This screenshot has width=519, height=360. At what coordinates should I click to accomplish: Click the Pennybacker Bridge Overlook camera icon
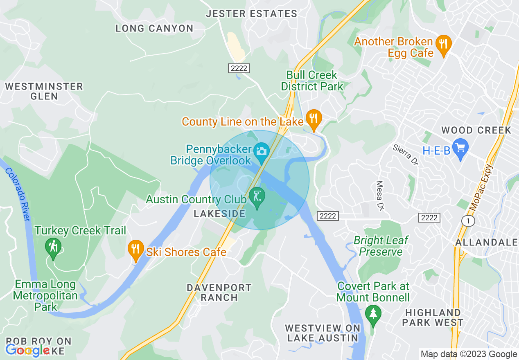click(260, 151)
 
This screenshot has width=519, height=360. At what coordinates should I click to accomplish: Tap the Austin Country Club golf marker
click(257, 197)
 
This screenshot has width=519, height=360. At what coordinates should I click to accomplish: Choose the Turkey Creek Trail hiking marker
click(53, 247)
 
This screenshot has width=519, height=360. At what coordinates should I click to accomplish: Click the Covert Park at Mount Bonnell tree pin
click(373, 315)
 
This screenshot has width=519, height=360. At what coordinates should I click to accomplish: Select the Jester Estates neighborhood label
click(251, 14)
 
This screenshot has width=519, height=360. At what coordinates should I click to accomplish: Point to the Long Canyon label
click(154, 28)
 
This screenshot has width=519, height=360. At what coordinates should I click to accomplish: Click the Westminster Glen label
click(44, 91)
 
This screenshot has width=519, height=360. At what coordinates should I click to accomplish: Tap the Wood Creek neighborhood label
click(476, 130)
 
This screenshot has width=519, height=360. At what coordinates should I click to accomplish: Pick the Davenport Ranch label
click(219, 292)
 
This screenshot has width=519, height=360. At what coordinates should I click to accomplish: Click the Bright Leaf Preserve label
click(381, 246)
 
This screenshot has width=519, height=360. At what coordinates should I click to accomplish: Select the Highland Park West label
click(432, 317)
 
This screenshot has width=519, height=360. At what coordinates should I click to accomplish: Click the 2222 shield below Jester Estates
click(239, 68)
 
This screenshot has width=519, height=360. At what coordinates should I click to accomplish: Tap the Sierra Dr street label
click(406, 154)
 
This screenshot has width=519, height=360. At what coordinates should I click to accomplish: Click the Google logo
click(27, 351)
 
